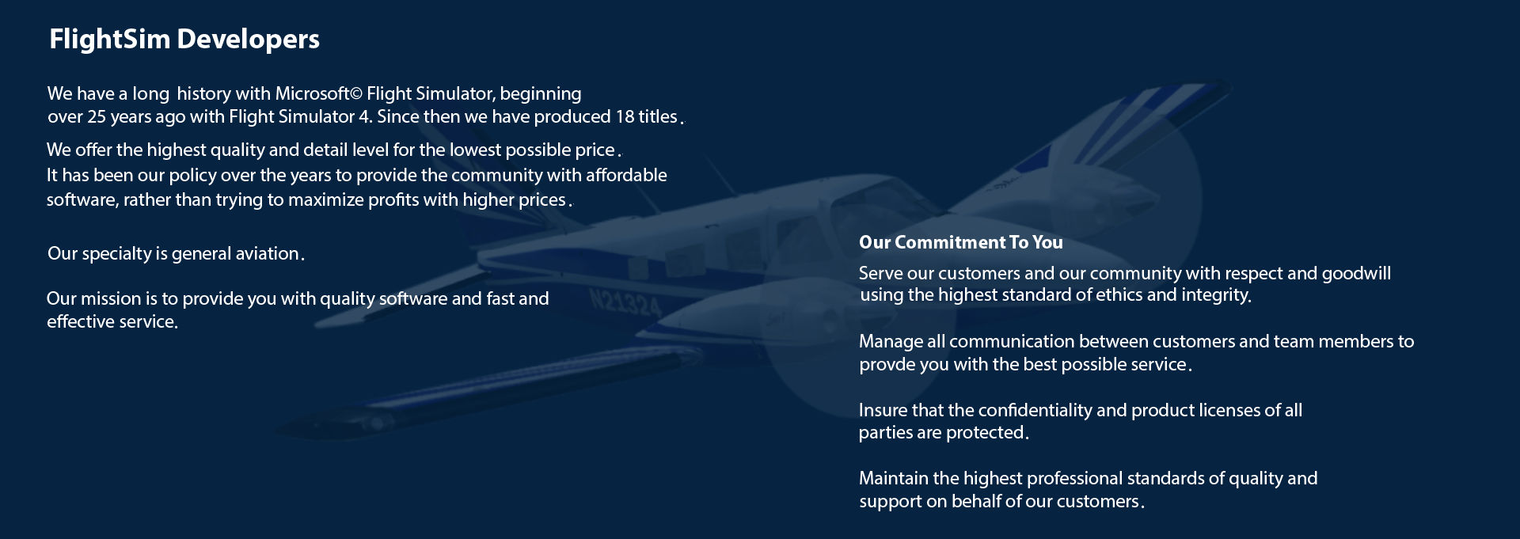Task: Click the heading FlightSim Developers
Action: click(184, 40)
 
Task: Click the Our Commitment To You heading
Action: click(960, 242)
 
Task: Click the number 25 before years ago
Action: click(97, 117)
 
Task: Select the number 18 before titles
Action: click(625, 117)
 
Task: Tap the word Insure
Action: click(883, 410)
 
